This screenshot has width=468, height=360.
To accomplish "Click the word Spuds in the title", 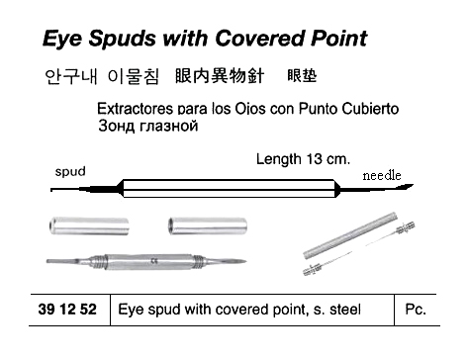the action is pos(122,39).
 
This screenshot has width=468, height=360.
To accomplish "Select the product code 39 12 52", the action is pos(67,310).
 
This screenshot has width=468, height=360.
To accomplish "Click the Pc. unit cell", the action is pos(416,310).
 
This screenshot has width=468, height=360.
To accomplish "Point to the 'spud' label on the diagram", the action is pos(70,172).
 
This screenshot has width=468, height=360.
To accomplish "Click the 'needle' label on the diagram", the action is pos(382,175).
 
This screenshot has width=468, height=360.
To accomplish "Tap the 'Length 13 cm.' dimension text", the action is pos(303,159).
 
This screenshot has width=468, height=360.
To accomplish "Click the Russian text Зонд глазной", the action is pos(148,126).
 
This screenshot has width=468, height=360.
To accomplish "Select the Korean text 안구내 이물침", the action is pos(102,77).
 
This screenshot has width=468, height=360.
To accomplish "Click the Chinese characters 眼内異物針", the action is pos(220,76).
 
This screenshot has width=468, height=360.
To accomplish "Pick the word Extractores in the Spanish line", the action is pos(135,109).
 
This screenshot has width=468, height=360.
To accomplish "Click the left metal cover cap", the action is pos(89,225).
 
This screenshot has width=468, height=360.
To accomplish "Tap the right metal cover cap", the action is pos(208,225).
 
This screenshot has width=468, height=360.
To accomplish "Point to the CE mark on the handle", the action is pos(153,262).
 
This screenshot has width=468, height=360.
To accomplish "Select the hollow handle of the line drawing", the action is pos(229,188).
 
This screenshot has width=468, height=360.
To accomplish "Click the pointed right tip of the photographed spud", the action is pos(245,261).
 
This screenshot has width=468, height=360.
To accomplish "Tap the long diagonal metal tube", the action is pos(350,235).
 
